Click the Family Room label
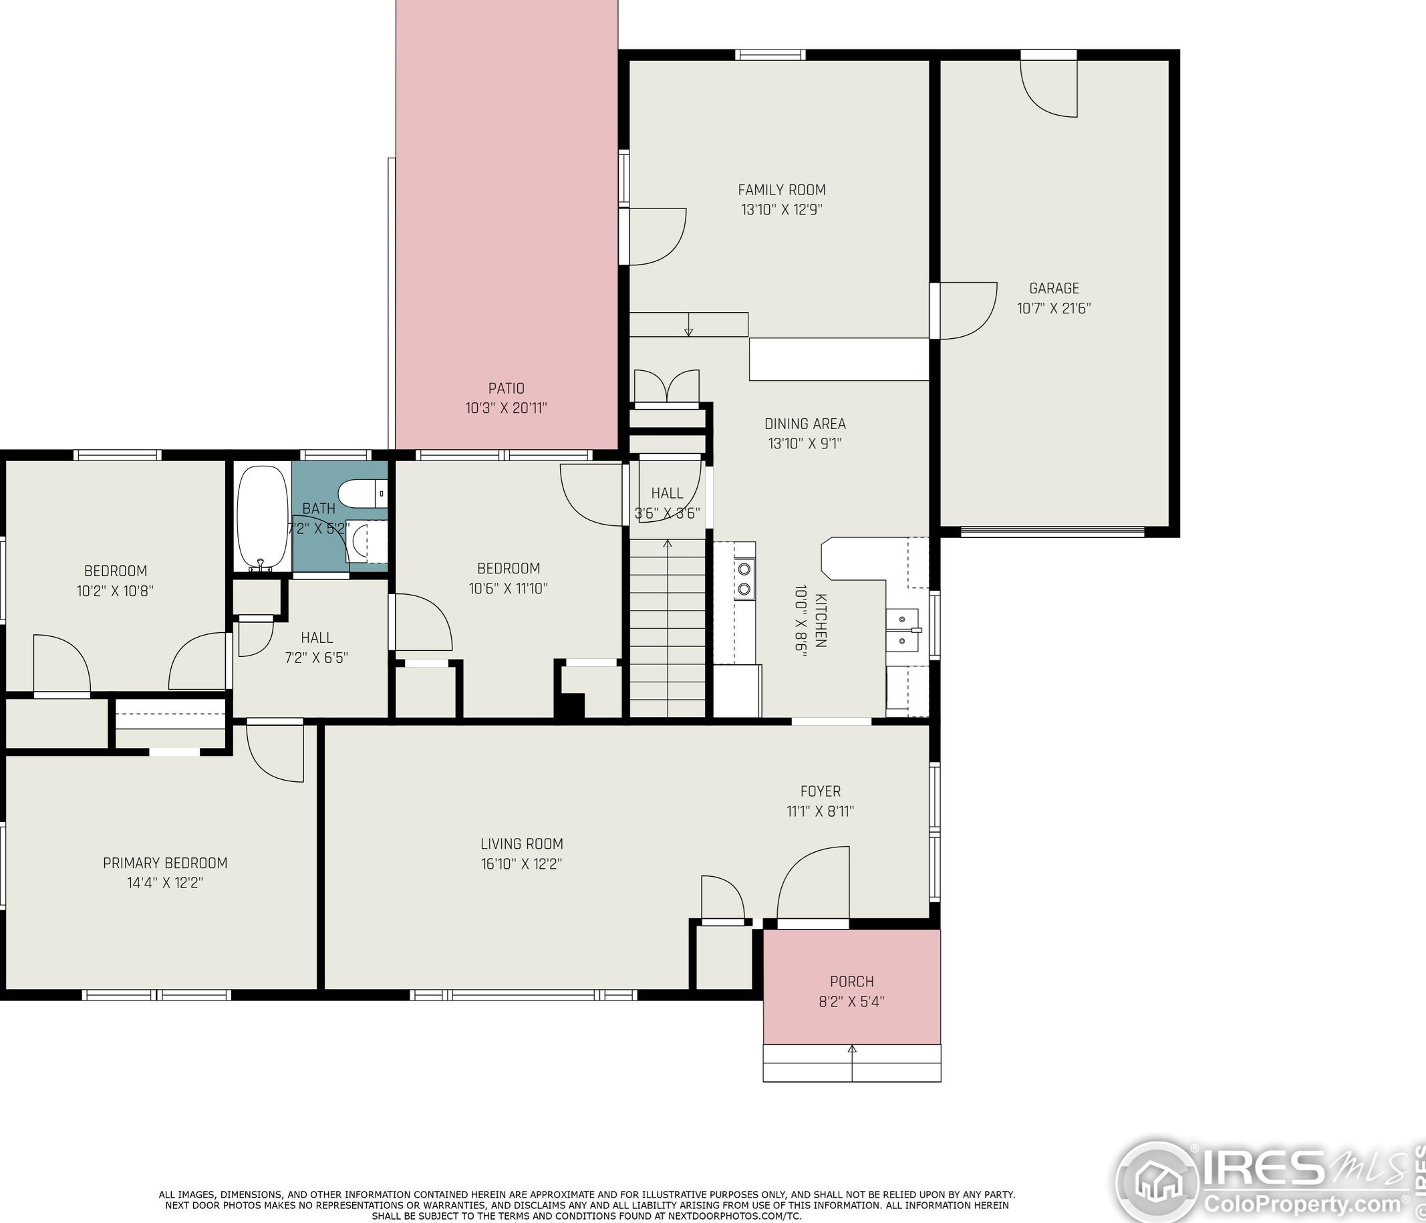click(782, 190)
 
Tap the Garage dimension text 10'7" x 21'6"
click(1054, 308)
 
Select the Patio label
click(507, 388)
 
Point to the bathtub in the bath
click(262, 518)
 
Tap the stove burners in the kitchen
click(744, 579)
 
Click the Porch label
click(852, 982)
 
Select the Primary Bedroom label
click(165, 863)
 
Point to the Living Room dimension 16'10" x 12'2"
click(522, 863)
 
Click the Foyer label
click(821, 791)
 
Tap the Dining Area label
click(805, 424)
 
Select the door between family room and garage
click(964, 310)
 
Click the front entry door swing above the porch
click(813, 884)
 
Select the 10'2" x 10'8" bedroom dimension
click(115, 591)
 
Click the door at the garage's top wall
click(1048, 84)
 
